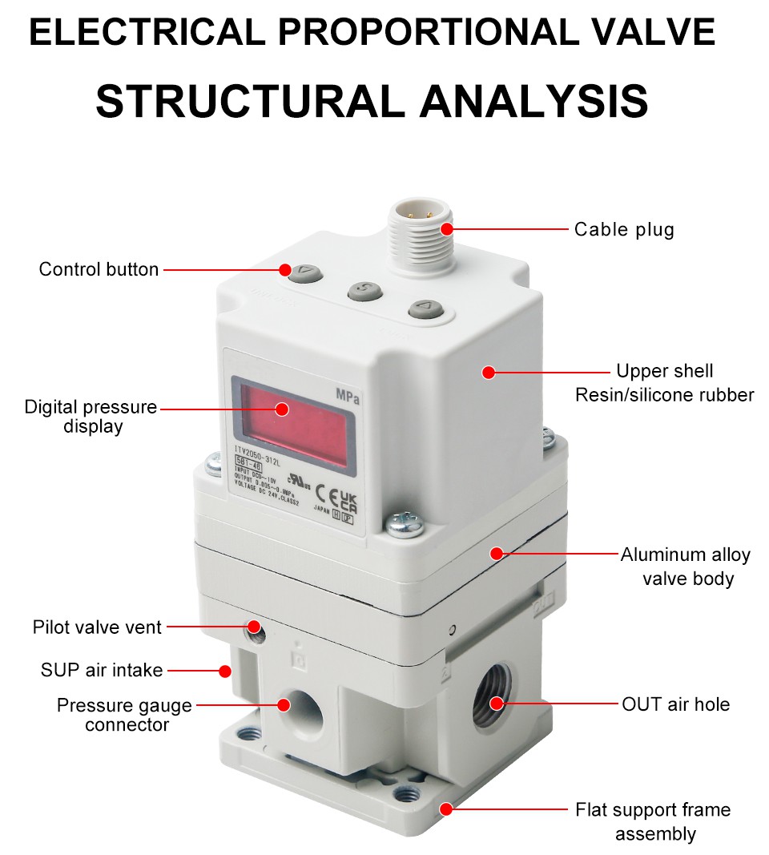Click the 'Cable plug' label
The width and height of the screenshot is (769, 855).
tap(624, 230)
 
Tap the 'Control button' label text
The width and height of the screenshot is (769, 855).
tap(99, 269)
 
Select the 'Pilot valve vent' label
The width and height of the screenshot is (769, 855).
tap(97, 627)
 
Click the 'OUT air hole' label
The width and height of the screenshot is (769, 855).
tap(676, 704)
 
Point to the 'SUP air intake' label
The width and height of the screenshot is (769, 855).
tap(102, 669)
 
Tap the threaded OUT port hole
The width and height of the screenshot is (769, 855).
tap(489, 702)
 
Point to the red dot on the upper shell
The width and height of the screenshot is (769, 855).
tap(488, 372)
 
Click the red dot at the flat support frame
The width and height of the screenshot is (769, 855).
tap(445, 809)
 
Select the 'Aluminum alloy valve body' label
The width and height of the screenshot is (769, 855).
tap(686, 566)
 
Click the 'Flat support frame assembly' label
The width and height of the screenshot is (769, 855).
tap(654, 821)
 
